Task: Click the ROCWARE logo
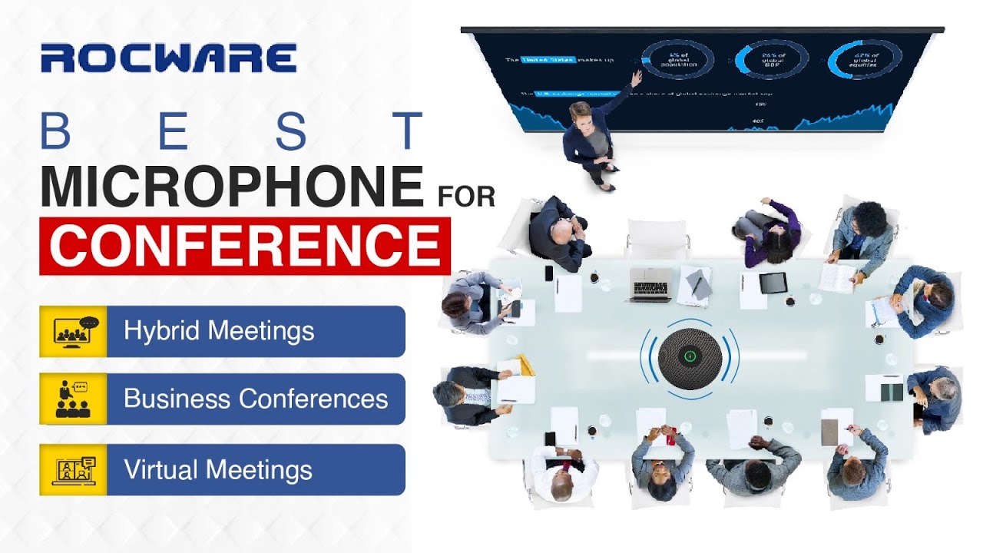pyautogui.click(x=168, y=58)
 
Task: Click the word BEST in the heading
pyautogui.click(x=231, y=131)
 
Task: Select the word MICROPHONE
pyautogui.click(x=231, y=187)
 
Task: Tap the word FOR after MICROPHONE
pyautogui.click(x=465, y=196)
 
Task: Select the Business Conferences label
pyautogui.click(x=255, y=399)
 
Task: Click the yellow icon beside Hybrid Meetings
pyautogui.click(x=73, y=331)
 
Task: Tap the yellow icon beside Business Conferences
pyautogui.click(x=73, y=399)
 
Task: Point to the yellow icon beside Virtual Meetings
pyautogui.click(x=73, y=469)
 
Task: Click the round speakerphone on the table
pyautogui.click(x=690, y=356)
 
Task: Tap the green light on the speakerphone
pyautogui.click(x=690, y=356)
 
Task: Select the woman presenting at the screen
pyautogui.click(x=590, y=142)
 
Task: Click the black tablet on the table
pyautogui.click(x=773, y=283)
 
